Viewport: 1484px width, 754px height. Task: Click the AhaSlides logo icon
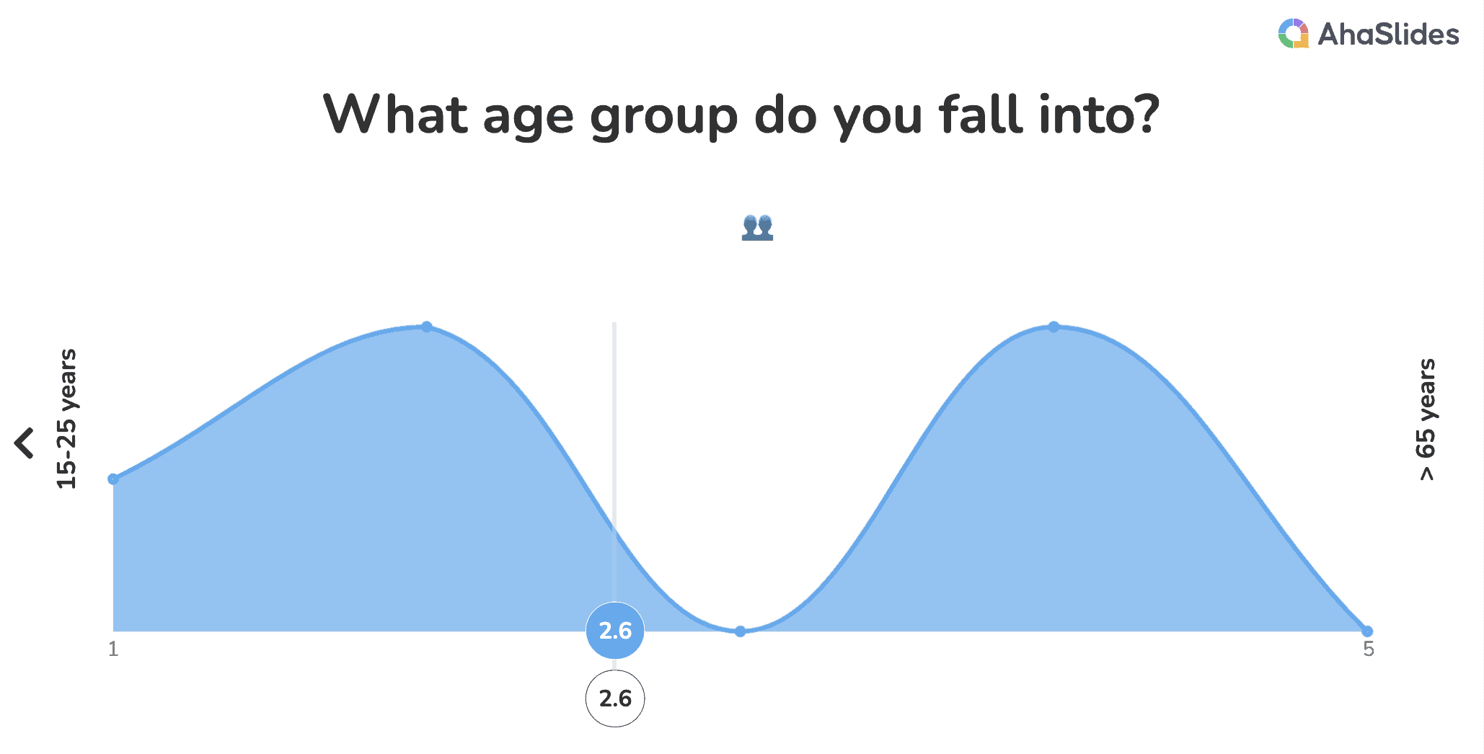tap(1293, 33)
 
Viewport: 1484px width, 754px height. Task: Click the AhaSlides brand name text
tap(1388, 35)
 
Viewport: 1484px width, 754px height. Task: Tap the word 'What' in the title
tap(396, 114)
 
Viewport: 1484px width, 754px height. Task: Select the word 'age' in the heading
tap(528, 120)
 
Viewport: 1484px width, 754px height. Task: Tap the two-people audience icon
tap(757, 227)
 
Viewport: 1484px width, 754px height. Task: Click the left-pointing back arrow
tap(24, 443)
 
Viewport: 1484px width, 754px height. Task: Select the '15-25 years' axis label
tap(66, 419)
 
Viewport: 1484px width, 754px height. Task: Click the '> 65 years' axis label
tap(1426, 420)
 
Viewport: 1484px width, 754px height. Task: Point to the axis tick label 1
tap(113, 649)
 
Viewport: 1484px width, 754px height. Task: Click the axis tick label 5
tap(1369, 649)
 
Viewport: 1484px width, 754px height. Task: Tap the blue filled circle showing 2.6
tap(615, 631)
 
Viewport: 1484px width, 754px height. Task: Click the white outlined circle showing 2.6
tap(615, 698)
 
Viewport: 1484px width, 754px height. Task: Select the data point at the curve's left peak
tap(427, 327)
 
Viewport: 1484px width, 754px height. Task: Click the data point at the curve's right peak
tap(1054, 327)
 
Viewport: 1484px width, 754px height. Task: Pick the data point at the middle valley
tap(740, 631)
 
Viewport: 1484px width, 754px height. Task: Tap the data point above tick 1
tap(113, 479)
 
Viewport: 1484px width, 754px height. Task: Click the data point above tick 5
tap(1367, 631)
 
